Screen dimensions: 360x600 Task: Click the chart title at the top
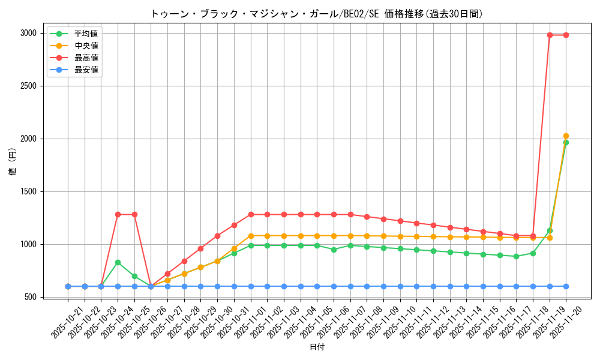click(x=316, y=14)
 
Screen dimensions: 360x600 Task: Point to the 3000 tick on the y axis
click(x=28, y=33)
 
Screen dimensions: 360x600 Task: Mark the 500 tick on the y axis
click(x=31, y=297)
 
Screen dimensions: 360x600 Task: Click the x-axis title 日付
click(x=316, y=347)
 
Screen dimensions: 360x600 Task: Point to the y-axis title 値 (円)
click(x=12, y=162)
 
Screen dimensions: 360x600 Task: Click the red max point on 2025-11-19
click(x=550, y=35)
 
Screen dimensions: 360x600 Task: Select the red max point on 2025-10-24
click(x=118, y=214)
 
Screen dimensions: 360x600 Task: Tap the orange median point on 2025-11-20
click(x=566, y=136)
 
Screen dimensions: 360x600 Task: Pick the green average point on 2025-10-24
click(x=118, y=262)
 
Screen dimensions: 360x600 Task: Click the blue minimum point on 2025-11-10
click(x=400, y=286)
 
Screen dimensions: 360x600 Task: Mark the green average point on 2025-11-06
click(x=334, y=250)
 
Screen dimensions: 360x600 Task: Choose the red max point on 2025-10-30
click(x=217, y=236)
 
